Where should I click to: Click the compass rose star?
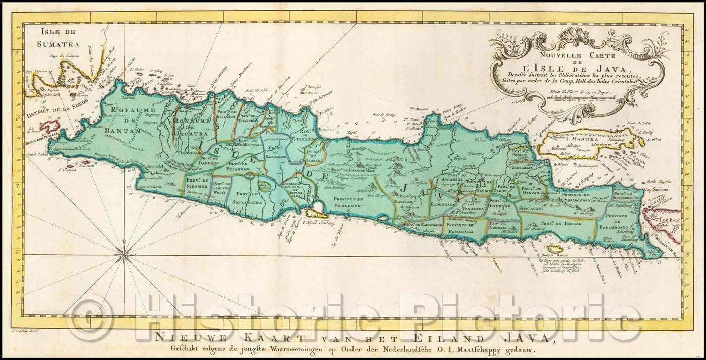124,258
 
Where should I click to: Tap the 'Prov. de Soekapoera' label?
247,199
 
